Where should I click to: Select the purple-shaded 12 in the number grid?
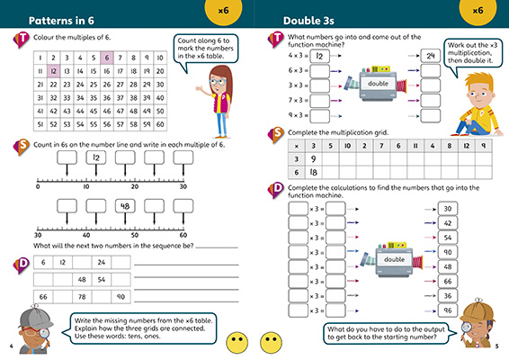tap(54, 69)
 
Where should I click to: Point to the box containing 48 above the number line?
tap(124, 206)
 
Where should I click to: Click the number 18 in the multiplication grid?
tap(329, 169)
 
